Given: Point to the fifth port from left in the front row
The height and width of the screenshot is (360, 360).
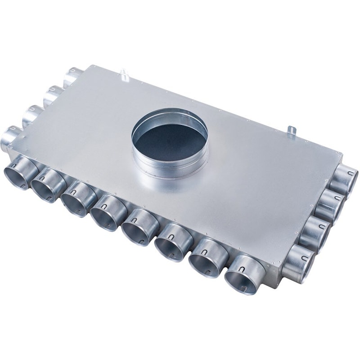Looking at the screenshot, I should click(137, 227).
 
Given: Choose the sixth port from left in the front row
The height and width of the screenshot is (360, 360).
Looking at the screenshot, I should click(170, 243).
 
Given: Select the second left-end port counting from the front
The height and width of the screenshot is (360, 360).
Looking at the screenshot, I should click(31, 114).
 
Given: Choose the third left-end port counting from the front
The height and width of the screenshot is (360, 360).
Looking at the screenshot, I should click(52, 93).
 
